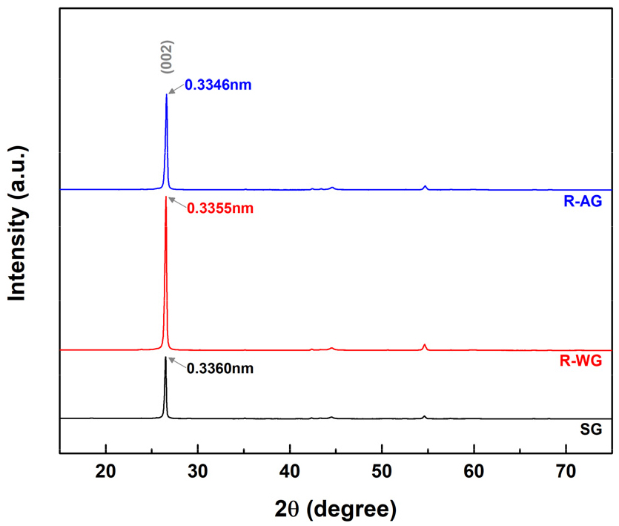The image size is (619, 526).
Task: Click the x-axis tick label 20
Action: tap(106, 470)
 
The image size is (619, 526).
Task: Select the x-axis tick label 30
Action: tap(198, 470)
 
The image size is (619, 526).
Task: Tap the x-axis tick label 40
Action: tap(290, 470)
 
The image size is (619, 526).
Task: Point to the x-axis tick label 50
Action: tap(382, 470)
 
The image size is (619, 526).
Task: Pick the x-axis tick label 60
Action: tap(474, 470)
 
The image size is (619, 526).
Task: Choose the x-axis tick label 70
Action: tap(566, 470)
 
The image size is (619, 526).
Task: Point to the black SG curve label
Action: tap(592, 430)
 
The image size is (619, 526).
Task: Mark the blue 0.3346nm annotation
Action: tap(219, 85)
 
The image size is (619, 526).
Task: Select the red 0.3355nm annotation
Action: tap(219, 208)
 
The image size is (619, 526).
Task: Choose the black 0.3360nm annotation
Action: tap(219, 367)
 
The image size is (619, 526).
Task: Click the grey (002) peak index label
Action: tap(167, 56)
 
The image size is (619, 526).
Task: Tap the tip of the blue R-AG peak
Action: tap(166, 94)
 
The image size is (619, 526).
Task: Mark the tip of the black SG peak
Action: tap(165, 357)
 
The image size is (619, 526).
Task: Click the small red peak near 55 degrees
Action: tap(425, 345)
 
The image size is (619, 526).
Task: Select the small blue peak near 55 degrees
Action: tap(425, 186)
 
